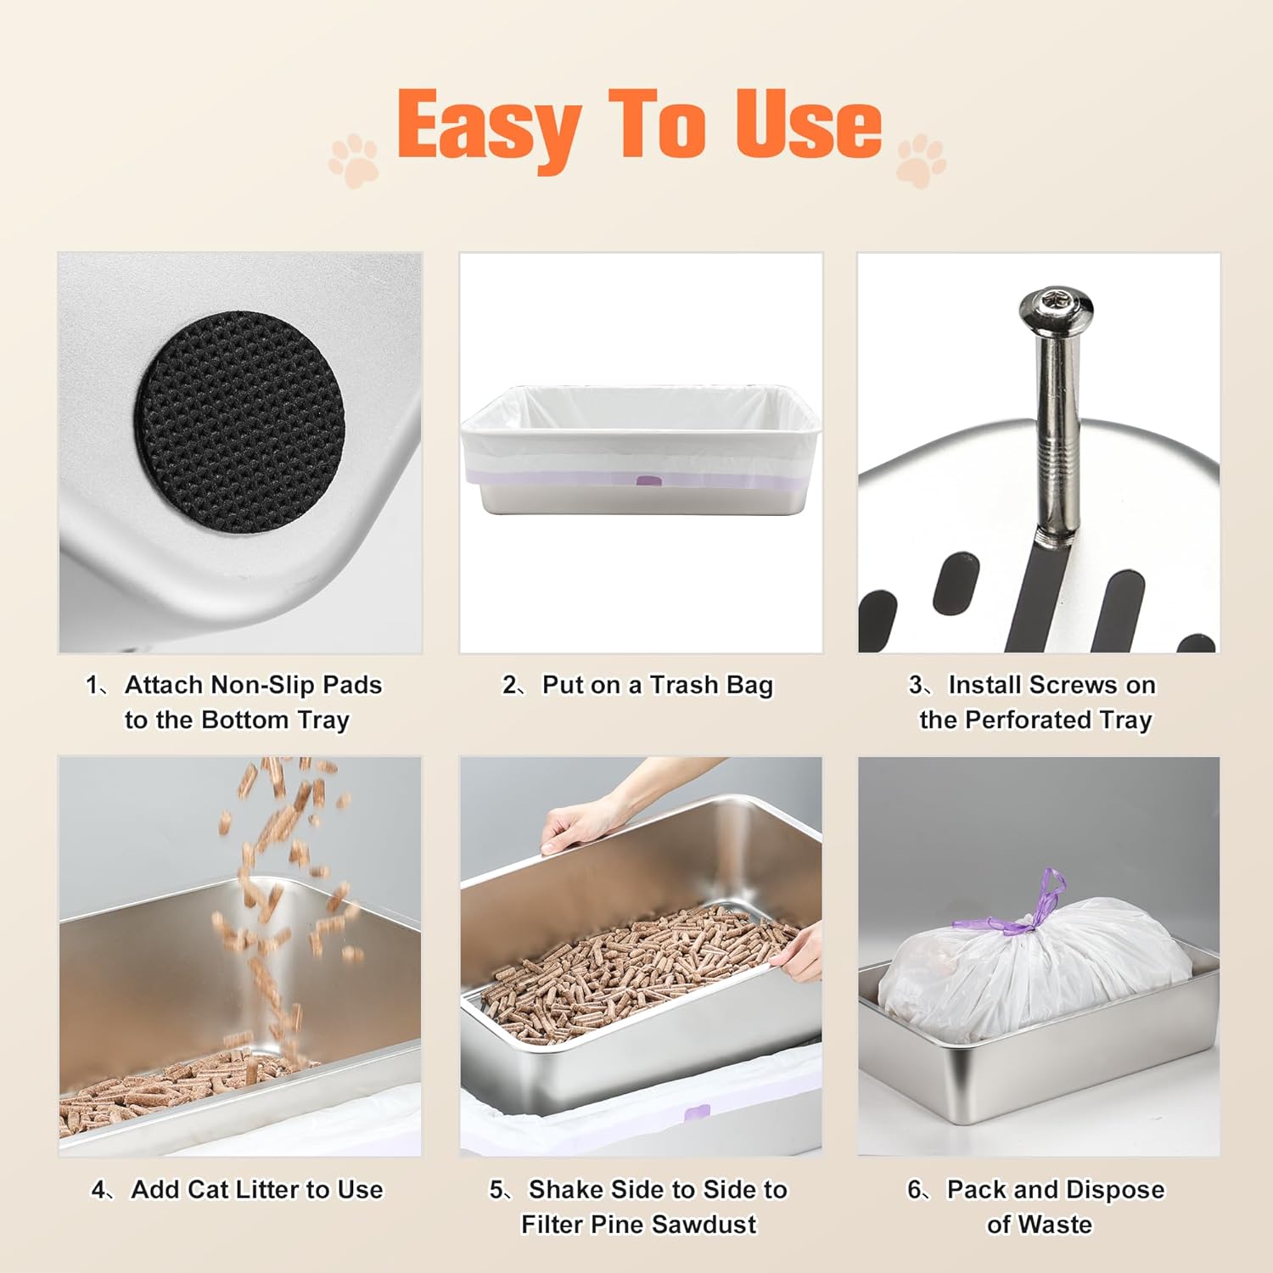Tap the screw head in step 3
pos(1056,304)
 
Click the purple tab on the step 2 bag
pos(648,481)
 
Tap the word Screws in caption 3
pos(1057,685)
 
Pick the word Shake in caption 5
pos(564,1190)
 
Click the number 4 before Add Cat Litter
pos(99,1190)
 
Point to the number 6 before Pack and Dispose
pos(915,1190)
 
